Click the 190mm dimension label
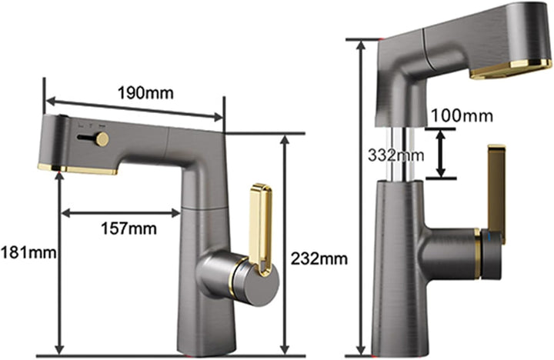[145, 93]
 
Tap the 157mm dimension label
[129, 228]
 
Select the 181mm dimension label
[28, 253]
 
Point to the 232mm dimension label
[319, 259]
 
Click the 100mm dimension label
[462, 115]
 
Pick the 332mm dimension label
[395, 155]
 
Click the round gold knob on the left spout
[102, 138]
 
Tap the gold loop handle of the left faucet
[261, 229]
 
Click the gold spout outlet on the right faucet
[511, 70]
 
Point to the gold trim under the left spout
[77, 169]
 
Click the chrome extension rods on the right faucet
[401, 154]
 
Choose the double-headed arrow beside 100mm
[440, 154]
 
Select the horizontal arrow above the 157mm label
[122, 213]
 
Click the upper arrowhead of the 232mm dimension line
[285, 140]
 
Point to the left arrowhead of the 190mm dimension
[52, 102]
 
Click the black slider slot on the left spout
[86, 138]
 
